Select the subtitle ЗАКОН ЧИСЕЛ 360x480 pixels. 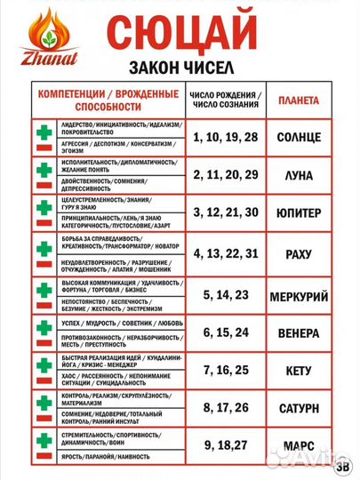tap(206, 68)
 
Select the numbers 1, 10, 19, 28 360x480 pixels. tap(226, 137)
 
